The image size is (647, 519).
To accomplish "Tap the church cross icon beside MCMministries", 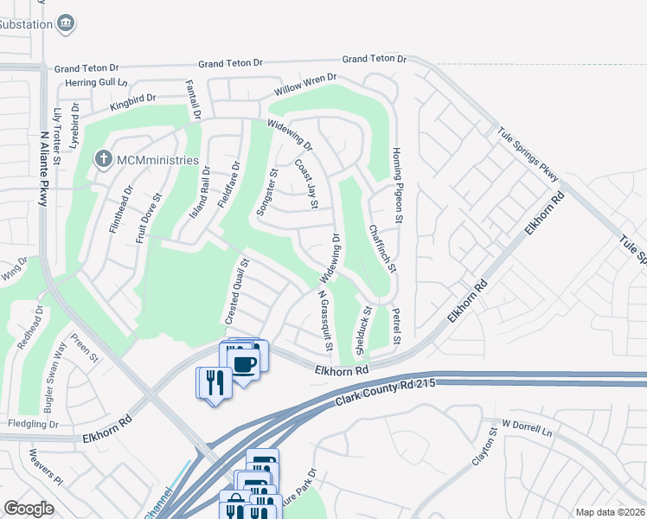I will click(x=102, y=159).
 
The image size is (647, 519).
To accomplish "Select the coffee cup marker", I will click(x=245, y=362).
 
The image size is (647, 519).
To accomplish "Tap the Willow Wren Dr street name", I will click(x=305, y=84).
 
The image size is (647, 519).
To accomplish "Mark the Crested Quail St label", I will click(x=237, y=292).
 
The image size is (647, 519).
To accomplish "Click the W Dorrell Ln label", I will click(x=527, y=426).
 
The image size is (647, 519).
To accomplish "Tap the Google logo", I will click(x=29, y=508).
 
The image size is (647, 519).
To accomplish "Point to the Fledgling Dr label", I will click(x=33, y=424).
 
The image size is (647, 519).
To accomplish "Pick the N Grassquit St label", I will click(x=325, y=319).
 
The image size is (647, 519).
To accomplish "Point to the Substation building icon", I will click(x=66, y=23).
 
